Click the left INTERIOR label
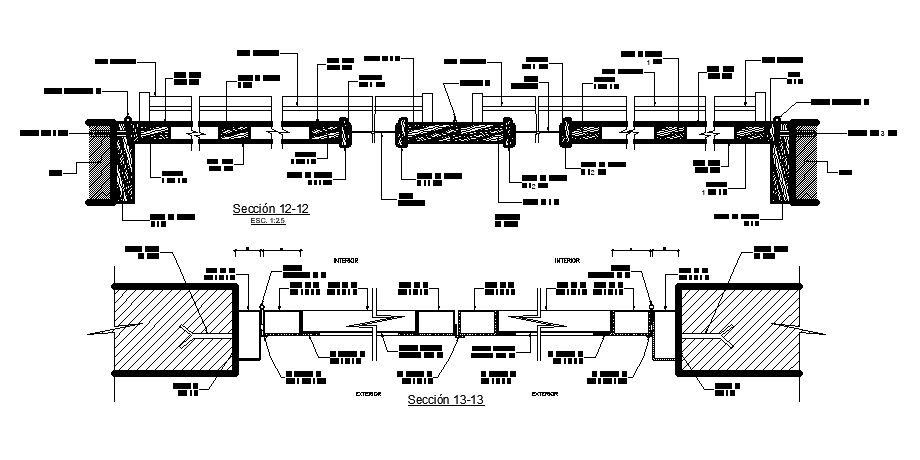(x=345, y=260)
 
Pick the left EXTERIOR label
(x=369, y=394)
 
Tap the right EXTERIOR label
(x=545, y=394)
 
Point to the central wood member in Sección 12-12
(x=456, y=132)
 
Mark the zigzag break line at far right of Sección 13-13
(x=815, y=331)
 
